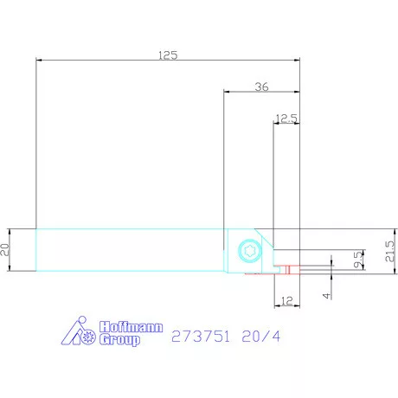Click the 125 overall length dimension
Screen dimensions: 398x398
[x=168, y=55]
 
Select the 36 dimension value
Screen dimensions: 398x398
[x=262, y=85]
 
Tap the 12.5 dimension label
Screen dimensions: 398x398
[x=286, y=118]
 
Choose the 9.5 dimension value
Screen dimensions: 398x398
[x=357, y=260]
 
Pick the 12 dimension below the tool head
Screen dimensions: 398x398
[x=286, y=302]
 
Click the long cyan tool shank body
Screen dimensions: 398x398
[x=130, y=250]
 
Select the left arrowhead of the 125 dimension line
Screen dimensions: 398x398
[x=39, y=60]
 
